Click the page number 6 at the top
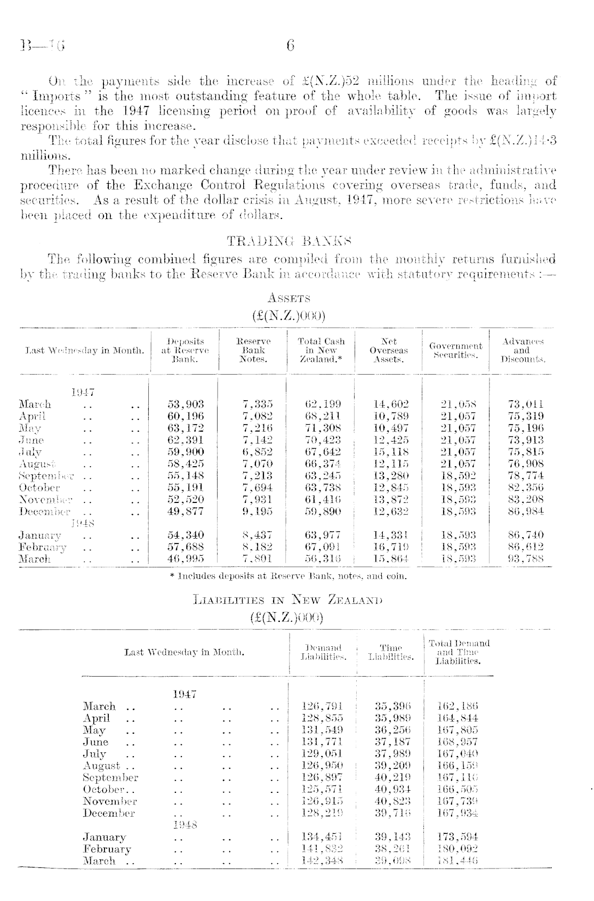coord(290,45)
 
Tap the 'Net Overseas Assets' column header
coord(388,351)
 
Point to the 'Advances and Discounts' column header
coord(521,351)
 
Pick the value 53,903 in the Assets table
coord(186,404)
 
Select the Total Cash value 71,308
coord(322,428)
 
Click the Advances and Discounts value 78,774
coord(525,476)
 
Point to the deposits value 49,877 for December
coord(186,512)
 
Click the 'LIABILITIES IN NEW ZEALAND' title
coord(287,600)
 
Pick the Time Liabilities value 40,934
coord(392,789)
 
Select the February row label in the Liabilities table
coord(107,849)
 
